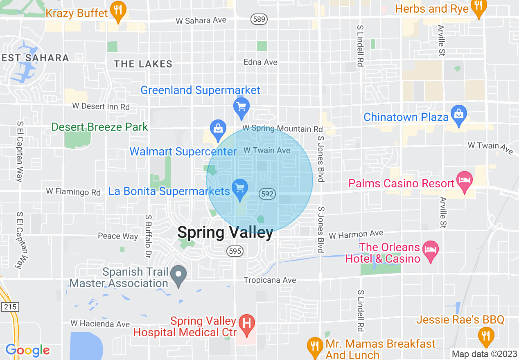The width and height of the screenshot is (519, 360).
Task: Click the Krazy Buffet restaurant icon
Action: pos(118,12)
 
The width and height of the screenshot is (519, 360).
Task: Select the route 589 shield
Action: pos(258,20)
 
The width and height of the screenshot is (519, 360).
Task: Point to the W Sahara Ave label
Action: pos(201,20)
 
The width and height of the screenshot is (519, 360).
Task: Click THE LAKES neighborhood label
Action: pos(143,64)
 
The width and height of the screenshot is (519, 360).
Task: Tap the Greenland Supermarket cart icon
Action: pos(241,107)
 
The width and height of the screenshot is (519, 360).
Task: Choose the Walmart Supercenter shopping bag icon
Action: pos(218,128)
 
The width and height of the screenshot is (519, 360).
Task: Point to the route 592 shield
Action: pos(267,194)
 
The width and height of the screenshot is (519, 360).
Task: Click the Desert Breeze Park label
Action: pos(99,127)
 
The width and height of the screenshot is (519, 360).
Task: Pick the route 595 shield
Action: pos(235,251)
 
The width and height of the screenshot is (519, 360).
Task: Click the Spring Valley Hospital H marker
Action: pos(246,323)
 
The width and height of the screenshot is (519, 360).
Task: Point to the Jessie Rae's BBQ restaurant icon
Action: pos(486,335)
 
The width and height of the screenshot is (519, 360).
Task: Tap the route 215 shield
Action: pos(10,306)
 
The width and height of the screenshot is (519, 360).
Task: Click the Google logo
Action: pos(27,350)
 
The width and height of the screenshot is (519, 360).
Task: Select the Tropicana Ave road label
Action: pos(270,280)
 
